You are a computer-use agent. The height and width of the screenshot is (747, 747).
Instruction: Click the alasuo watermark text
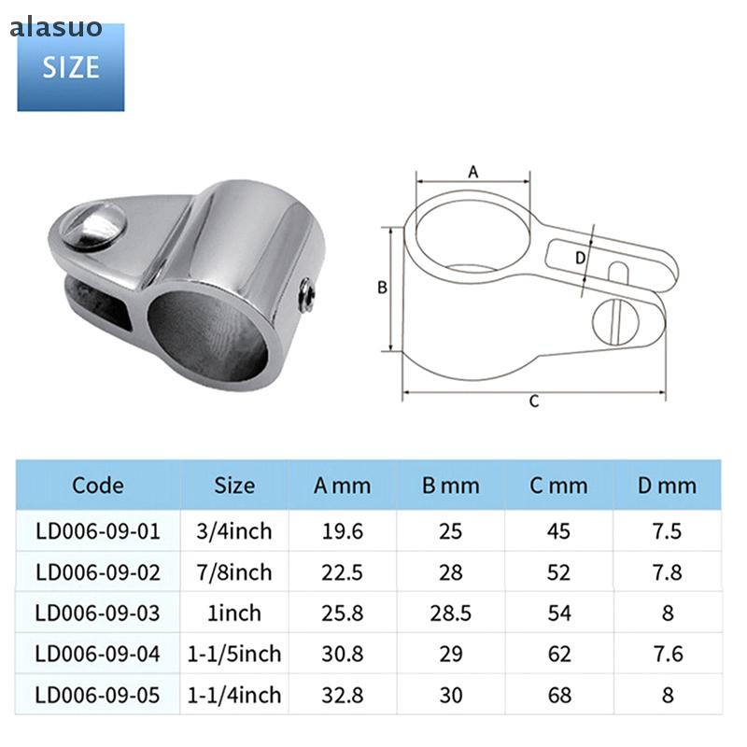(56, 27)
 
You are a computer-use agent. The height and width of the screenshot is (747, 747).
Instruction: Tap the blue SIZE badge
(71, 67)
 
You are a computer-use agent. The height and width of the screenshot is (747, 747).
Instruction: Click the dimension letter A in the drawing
(473, 172)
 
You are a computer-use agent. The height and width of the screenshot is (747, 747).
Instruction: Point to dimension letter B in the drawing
(382, 288)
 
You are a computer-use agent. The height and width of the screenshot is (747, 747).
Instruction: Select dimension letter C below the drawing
(534, 402)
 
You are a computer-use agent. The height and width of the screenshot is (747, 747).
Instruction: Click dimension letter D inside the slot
(580, 258)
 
